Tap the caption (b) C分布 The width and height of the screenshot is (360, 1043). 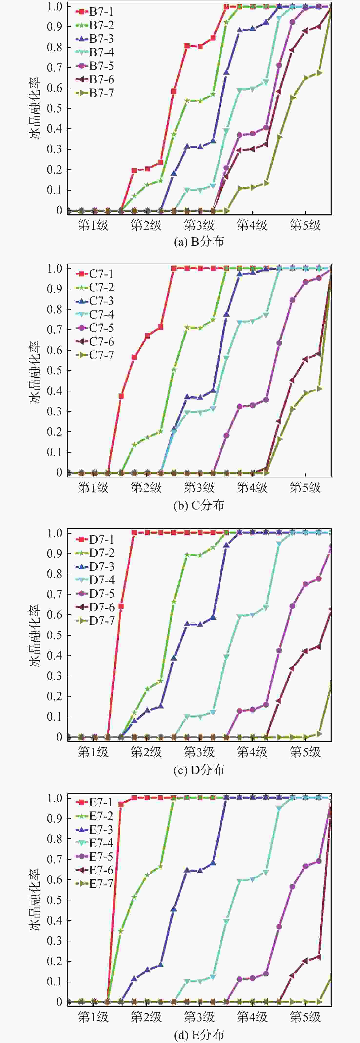(x=199, y=505)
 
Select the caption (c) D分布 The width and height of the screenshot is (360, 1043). (x=199, y=770)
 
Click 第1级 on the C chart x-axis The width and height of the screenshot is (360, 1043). (x=93, y=487)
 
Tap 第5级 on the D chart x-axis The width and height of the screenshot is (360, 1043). (x=305, y=752)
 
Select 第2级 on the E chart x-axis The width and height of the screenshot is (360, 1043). (x=146, y=1017)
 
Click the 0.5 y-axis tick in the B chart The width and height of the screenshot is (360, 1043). (x=54, y=108)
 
